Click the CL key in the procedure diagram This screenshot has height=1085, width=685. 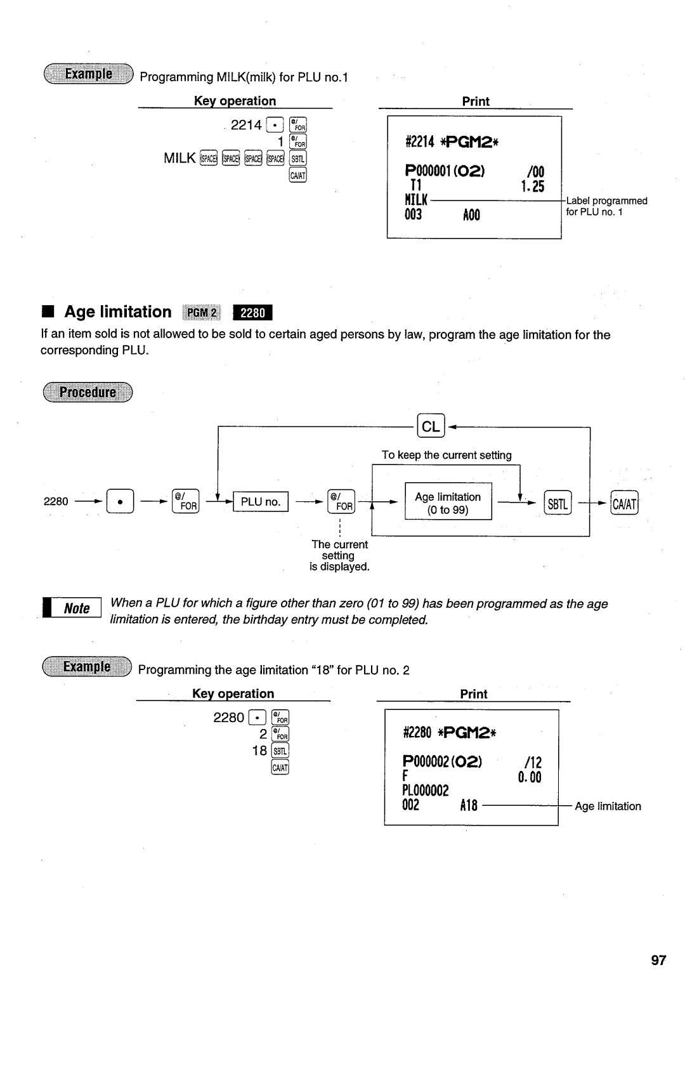pos(431,426)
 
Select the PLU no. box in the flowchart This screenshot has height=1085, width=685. pos(260,502)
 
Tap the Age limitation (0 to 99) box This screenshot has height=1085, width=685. pos(448,503)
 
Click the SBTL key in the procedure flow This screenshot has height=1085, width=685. pos(558,503)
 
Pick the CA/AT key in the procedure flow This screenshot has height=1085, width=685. pos(624,503)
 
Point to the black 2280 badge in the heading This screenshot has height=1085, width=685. pos(252,313)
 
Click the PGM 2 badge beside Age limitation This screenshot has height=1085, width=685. pos(202,313)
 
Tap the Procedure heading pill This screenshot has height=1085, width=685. pos(88,392)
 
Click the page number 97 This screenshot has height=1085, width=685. pos(658,960)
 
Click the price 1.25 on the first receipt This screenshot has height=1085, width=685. pos(533,187)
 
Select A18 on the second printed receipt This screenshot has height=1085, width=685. pos(468,806)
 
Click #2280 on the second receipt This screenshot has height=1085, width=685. pos(417,733)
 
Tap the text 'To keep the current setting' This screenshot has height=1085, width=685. pos(447,455)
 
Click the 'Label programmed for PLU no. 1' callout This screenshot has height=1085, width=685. pos(606,206)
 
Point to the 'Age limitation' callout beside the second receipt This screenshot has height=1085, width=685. pos(608,806)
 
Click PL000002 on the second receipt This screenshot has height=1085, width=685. pos(426,791)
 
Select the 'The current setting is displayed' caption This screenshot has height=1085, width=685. pos(339,555)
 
